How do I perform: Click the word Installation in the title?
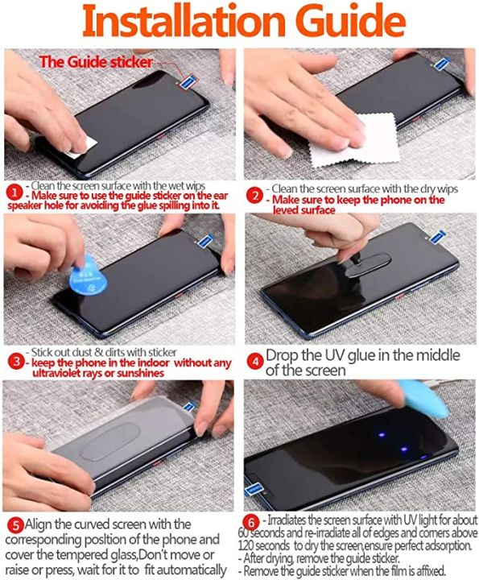(x=184, y=21)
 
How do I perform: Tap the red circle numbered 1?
(x=14, y=193)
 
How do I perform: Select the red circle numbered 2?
(x=254, y=196)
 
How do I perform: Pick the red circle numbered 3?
(x=15, y=362)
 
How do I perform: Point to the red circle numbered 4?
(x=255, y=362)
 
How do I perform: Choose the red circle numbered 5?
(x=15, y=525)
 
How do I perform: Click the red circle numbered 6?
(x=251, y=523)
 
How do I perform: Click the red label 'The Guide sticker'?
(x=96, y=62)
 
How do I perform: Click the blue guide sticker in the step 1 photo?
(x=188, y=81)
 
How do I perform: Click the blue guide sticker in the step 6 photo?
(x=254, y=489)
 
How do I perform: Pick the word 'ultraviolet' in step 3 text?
(x=56, y=373)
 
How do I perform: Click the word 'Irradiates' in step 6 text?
(x=287, y=520)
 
